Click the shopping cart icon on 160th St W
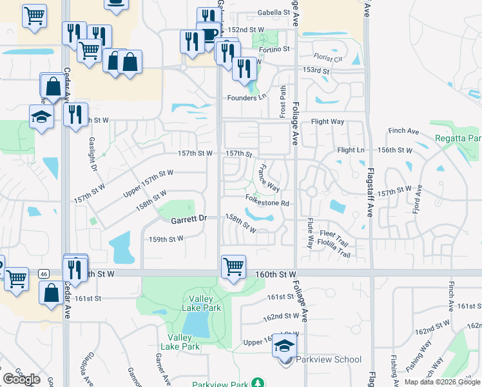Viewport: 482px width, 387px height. click(x=233, y=266)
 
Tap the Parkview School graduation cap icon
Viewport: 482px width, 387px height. click(x=284, y=345)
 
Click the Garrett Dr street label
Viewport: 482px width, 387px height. click(x=188, y=219)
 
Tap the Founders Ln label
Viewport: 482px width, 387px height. click(x=246, y=97)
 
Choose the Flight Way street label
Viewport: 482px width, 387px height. click(x=328, y=121)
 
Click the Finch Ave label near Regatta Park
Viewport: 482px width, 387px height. click(x=404, y=131)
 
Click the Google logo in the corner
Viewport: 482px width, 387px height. click(x=22, y=379)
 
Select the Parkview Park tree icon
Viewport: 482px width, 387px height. click(x=258, y=383)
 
